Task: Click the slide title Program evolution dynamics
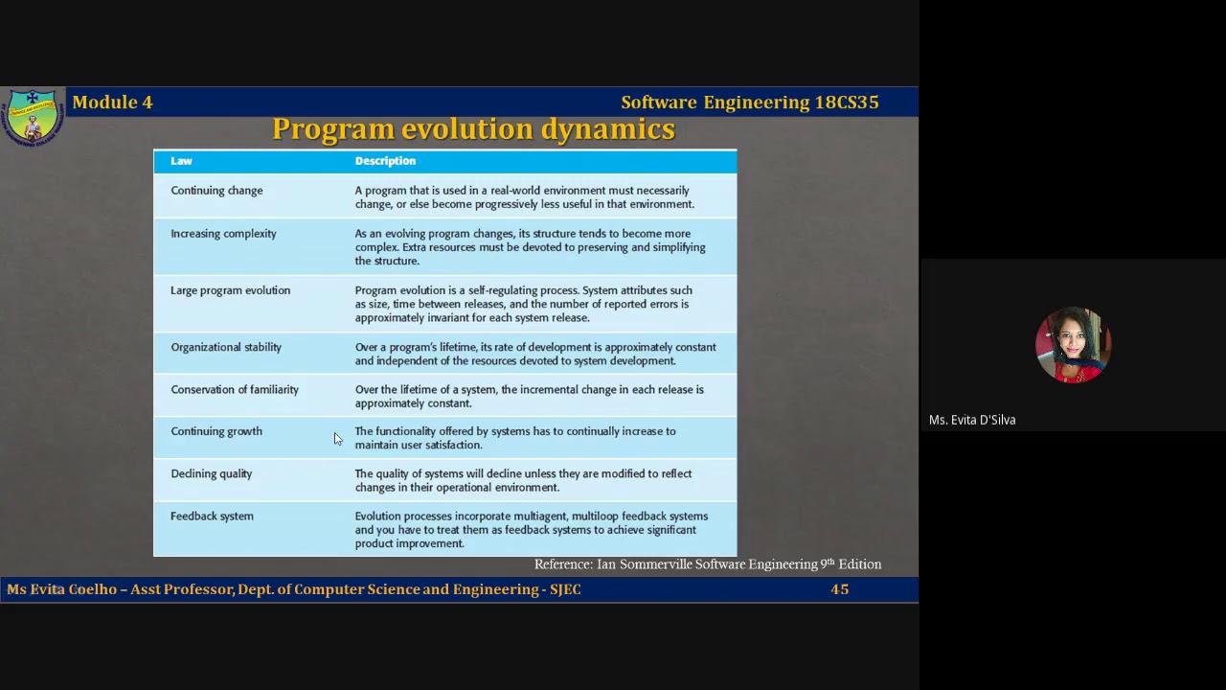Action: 473,129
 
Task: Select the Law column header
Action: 181,161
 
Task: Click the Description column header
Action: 385,161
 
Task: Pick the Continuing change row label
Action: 216,191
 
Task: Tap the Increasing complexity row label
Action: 223,234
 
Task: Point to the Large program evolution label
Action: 230,290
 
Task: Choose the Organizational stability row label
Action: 226,347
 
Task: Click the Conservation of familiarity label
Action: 235,390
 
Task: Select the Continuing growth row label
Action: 216,431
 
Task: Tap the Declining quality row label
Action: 211,473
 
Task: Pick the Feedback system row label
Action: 212,517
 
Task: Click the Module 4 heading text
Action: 112,103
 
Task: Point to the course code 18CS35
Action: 847,103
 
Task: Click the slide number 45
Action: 840,589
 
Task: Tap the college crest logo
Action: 33,117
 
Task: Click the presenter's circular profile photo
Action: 1073,345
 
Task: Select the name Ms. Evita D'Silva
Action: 972,420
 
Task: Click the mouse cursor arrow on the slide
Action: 337,439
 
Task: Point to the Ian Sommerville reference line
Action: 707,564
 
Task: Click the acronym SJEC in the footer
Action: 565,589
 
